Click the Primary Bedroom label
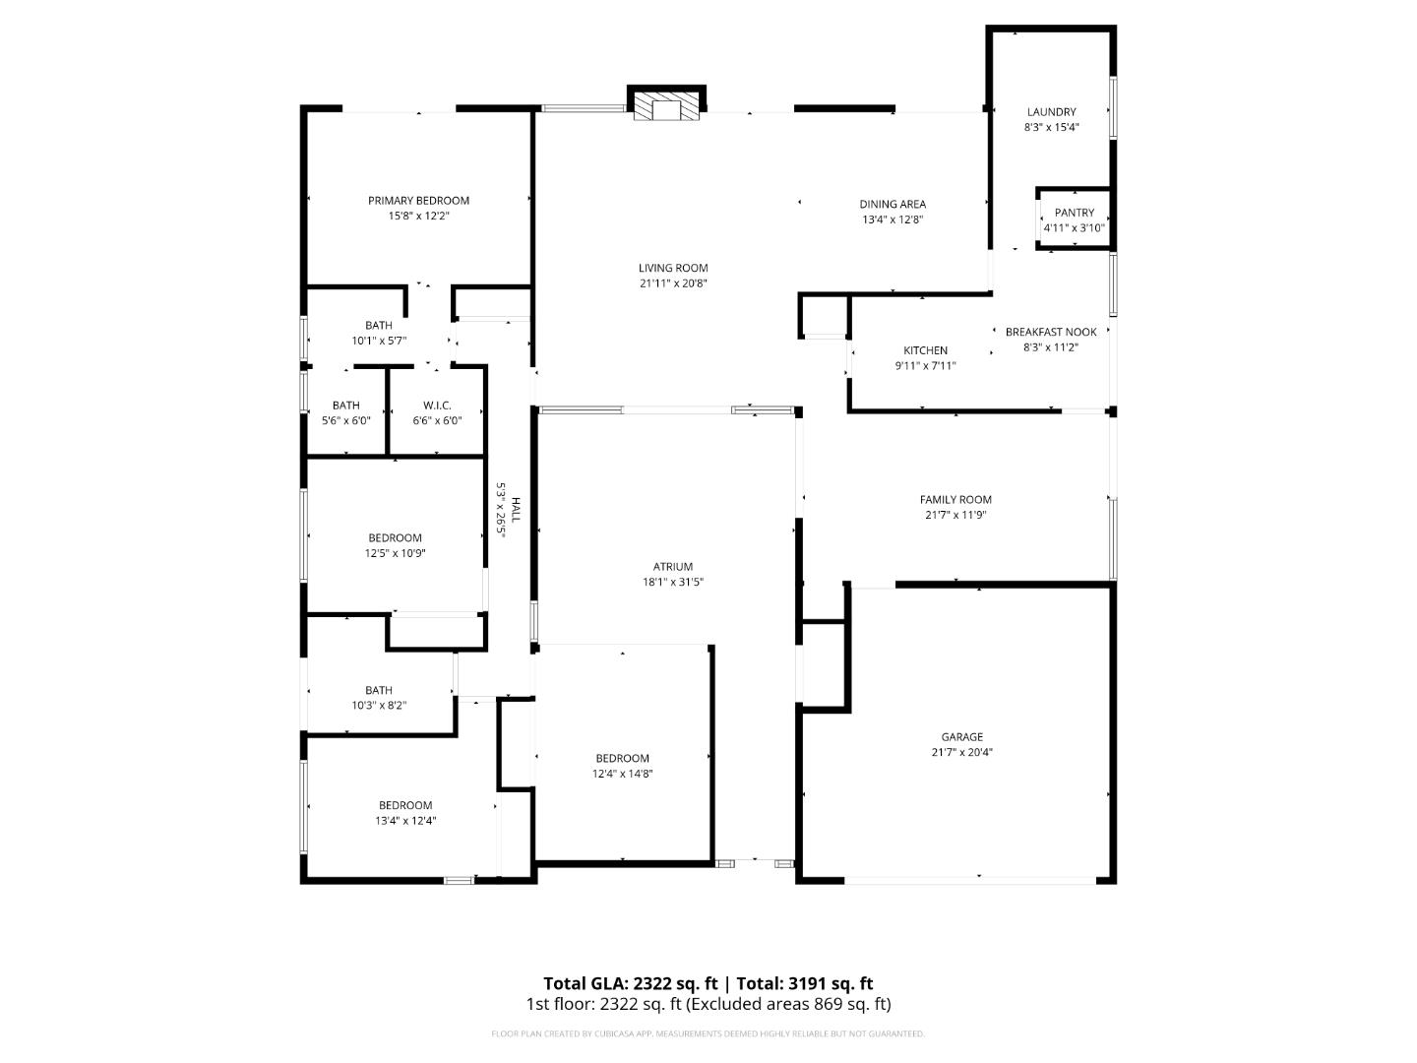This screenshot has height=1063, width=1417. tap(418, 201)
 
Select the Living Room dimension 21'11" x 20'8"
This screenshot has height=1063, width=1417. tap(673, 283)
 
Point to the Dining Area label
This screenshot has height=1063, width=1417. tap(893, 205)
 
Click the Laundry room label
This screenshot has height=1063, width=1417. tap(1051, 112)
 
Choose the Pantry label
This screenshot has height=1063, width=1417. tap(1074, 213)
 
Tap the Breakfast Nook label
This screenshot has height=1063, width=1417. tap(1051, 332)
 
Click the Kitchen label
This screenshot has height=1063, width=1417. tap(925, 350)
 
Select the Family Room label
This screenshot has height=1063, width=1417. tap(955, 499)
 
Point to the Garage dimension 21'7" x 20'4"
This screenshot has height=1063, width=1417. tap(961, 752)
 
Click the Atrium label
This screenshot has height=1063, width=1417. tap(673, 566)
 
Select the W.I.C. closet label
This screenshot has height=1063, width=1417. tap(437, 405)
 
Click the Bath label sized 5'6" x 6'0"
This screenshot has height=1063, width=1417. tap(345, 405)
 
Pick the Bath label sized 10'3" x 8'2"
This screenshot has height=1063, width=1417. tap(379, 690)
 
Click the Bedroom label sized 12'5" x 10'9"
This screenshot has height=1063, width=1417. tap(395, 537)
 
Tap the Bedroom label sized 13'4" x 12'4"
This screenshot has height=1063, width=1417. tap(405, 805)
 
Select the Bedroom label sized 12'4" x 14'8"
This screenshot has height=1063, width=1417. tap(622, 758)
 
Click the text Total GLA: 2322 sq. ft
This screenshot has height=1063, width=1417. tap(631, 983)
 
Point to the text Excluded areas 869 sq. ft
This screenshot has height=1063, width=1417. tap(789, 1004)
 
